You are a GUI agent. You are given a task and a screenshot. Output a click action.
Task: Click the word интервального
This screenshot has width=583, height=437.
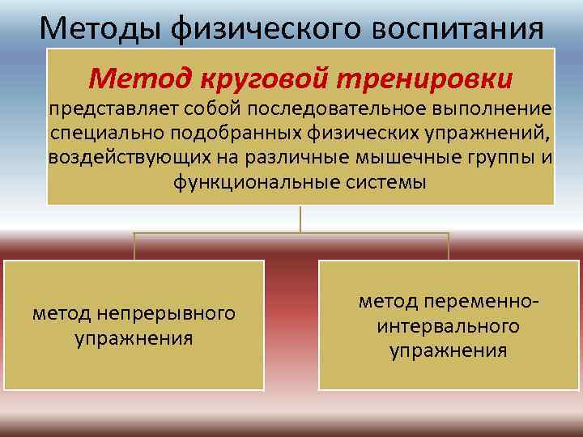[449, 326]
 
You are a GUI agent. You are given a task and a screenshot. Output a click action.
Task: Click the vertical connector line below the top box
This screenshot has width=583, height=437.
[300, 219]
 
